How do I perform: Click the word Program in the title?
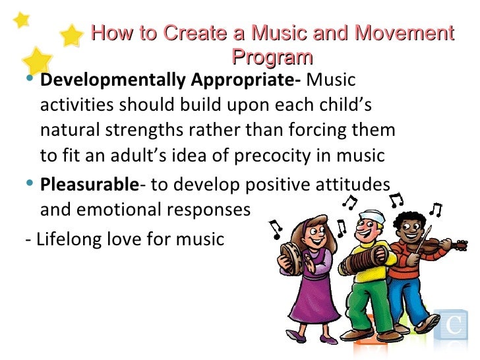click(x=272, y=57)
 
